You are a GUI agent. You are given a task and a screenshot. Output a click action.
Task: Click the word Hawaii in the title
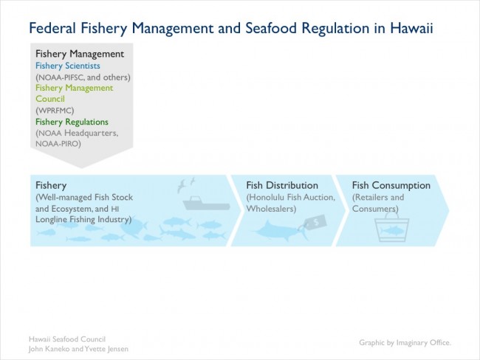[411, 28]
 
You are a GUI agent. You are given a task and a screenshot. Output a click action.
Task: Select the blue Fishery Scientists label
[68, 66]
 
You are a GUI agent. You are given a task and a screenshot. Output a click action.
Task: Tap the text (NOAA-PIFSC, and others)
[83, 77]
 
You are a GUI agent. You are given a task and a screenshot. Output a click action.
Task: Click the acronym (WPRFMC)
[55, 110]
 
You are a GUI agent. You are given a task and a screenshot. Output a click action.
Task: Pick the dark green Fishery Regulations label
[72, 122]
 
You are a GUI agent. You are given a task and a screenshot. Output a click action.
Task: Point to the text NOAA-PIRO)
[58, 143]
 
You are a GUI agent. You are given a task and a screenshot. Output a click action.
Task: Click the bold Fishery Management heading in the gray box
[80, 54]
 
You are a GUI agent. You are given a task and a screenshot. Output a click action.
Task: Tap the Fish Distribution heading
[282, 185]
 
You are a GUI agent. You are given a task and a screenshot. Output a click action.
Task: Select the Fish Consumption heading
[391, 185]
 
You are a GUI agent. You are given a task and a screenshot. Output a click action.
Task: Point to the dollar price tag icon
[315, 223]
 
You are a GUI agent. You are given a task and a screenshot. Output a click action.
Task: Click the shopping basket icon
[392, 227]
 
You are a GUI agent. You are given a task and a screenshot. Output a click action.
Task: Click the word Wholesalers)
[271, 209]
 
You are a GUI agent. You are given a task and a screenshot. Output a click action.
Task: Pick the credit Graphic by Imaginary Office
[405, 342]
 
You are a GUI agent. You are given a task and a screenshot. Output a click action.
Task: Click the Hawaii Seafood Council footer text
[67, 339]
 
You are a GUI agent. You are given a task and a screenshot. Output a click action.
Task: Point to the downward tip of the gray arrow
[82, 168]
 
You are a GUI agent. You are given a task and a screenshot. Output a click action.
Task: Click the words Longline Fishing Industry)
[83, 219]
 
